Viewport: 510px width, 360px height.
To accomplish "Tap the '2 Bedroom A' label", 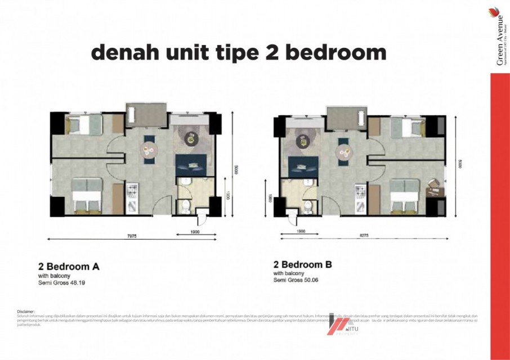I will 69,267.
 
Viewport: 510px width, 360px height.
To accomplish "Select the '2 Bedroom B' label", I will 303,264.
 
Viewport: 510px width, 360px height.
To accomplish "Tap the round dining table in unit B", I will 342,151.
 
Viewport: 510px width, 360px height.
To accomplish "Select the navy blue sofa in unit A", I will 191,164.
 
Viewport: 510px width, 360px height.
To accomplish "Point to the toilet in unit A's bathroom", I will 185,207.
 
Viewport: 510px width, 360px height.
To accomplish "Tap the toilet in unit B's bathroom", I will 308,208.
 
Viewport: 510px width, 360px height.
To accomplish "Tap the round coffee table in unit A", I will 191,138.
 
